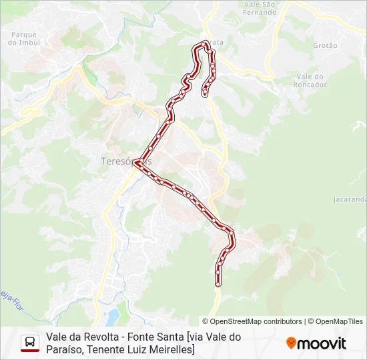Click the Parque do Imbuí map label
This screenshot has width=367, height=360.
[23, 38]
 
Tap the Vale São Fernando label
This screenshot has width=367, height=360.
[260, 8]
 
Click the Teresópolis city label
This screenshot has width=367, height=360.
[125, 161]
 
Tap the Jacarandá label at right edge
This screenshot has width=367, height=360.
[350, 199]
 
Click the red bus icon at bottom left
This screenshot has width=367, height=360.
[30, 343]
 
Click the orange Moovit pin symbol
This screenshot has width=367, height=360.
[291, 343]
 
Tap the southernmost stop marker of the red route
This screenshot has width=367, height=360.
[218, 284]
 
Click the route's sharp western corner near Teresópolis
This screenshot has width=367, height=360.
[135, 161]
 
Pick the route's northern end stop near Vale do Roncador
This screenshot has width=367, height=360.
[204, 95]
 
